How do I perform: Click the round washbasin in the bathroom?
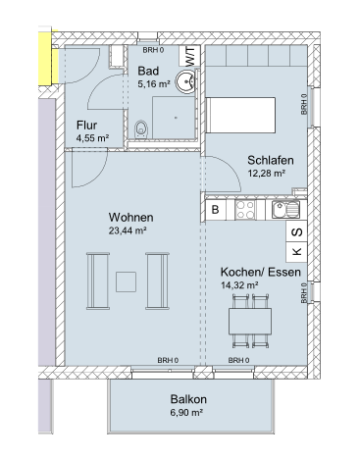pos(185,81)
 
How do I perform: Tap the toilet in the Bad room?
pos(141,129)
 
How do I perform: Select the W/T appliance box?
pos(189,56)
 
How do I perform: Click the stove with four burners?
pos(245,209)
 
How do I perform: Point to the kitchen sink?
pos(285,209)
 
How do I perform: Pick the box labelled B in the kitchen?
pos(215,209)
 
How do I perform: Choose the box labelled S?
pos(296,231)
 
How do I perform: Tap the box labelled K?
pos(296,252)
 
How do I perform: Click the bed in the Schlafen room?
pos(240,115)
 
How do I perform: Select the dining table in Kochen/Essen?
pos(250,321)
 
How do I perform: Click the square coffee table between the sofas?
pos(127,281)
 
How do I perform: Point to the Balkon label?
pos(188,399)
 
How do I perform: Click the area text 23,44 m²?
pos(128,230)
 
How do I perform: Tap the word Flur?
pos(86,126)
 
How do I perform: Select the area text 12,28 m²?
pos(266,174)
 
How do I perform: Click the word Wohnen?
pos(130,218)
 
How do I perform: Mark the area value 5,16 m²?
pos(154,84)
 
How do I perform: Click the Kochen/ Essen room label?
pos(261,272)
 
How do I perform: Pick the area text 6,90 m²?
pos(186,413)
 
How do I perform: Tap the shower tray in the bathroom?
pos(174,118)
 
